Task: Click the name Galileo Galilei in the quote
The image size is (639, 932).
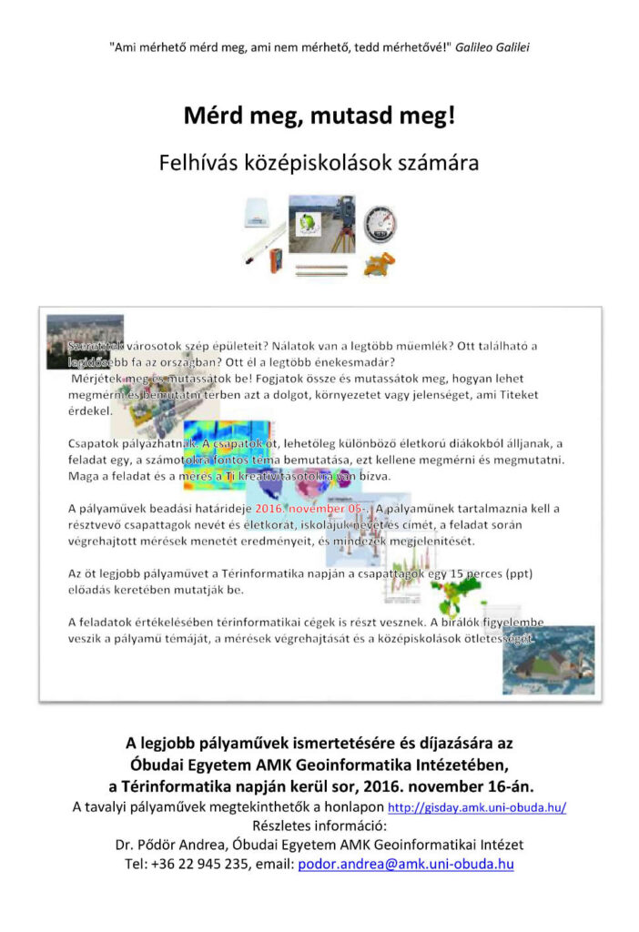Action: tap(491, 46)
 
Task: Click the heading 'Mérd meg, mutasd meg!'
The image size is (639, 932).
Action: tap(319, 116)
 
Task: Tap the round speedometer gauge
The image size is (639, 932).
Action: tap(380, 223)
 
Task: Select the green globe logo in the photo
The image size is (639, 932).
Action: tap(309, 219)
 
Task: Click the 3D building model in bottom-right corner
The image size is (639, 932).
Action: tap(548, 661)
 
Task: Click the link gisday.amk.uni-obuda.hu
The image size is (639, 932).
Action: tap(477, 808)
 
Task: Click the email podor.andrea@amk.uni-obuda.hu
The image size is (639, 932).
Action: tap(406, 864)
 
